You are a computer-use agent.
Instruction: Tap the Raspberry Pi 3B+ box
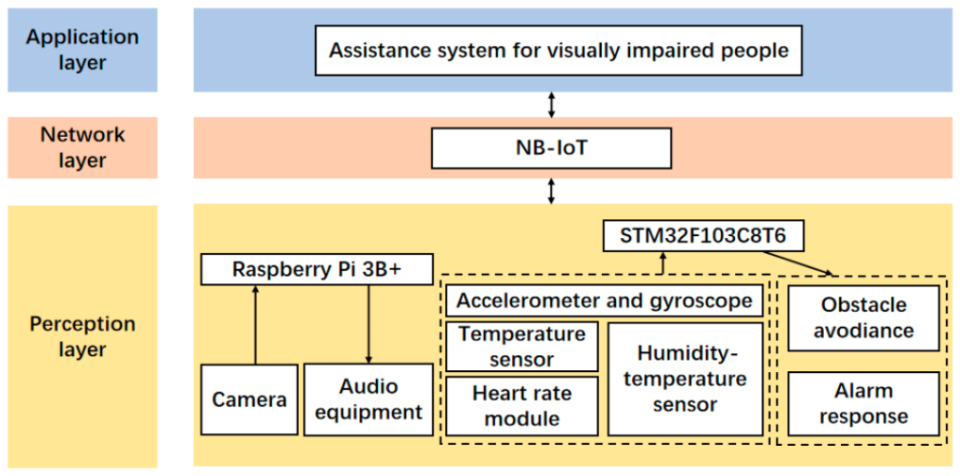pyautogui.click(x=317, y=269)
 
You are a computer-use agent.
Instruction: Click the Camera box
pyautogui.click(x=249, y=399)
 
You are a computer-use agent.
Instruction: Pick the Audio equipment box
pyautogui.click(x=367, y=399)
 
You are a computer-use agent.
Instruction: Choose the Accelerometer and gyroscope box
pyautogui.click(x=605, y=301)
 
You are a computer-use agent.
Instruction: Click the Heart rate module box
pyautogui.click(x=521, y=406)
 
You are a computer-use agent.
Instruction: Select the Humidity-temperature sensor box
pyautogui.click(x=685, y=379)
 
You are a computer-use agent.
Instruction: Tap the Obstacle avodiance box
pyautogui.click(x=863, y=318)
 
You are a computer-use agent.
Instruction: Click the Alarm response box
pyautogui.click(x=863, y=404)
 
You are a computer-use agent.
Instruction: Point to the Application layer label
pyautogui.click(x=82, y=50)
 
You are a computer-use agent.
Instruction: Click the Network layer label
pyautogui.click(x=82, y=147)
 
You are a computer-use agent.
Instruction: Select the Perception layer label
pyautogui.click(x=82, y=336)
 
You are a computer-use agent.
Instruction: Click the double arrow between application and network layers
pyautogui.click(x=551, y=105)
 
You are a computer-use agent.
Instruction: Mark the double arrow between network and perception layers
pyautogui.click(x=551, y=191)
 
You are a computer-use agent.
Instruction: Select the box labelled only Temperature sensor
pyautogui.click(x=521, y=347)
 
